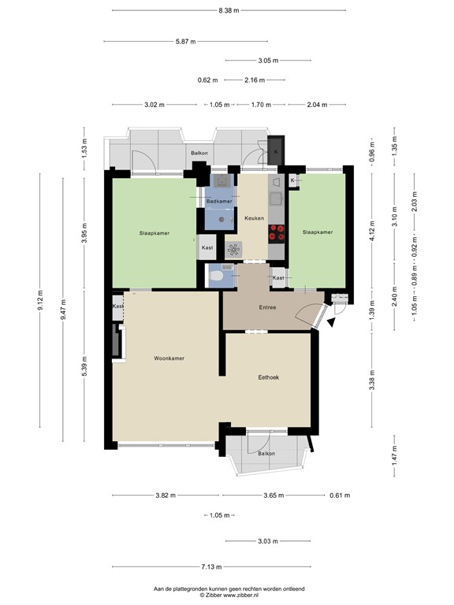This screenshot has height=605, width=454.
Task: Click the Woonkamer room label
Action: tap(169, 358)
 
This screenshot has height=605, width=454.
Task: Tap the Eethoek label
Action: tap(269, 377)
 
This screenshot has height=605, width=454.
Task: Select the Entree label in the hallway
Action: tap(267, 307)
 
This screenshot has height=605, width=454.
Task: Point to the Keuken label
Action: tap(254, 218)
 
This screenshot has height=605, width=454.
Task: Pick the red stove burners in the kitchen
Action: tap(277, 232)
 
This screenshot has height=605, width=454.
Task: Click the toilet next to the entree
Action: tap(214, 275)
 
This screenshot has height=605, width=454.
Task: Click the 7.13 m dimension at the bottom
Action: tap(212, 567)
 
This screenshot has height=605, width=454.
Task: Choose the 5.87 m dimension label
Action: tap(188, 42)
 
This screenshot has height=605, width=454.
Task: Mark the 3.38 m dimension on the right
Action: tap(371, 385)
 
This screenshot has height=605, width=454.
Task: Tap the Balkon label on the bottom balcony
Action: tap(266, 454)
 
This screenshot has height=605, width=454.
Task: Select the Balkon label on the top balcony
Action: tap(199, 153)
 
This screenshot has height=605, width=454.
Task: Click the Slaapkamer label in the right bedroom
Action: tap(317, 232)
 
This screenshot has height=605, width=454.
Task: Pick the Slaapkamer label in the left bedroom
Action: tap(154, 233)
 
